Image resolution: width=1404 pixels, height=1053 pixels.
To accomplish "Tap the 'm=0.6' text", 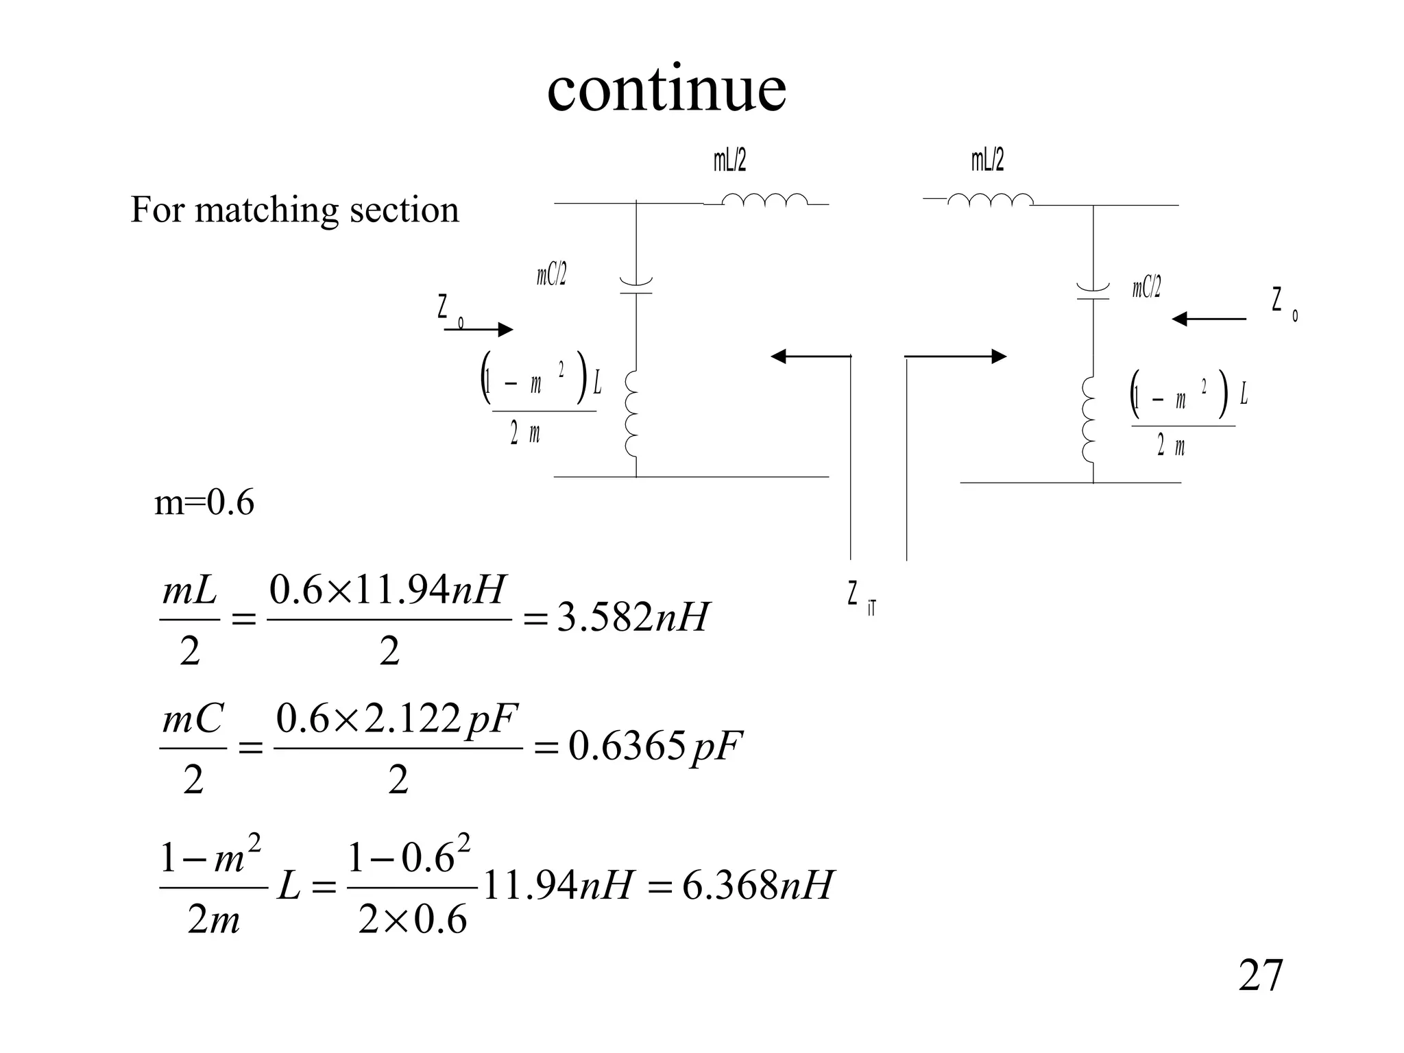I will [x=204, y=503].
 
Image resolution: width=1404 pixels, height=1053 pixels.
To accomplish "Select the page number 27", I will [x=1260, y=976].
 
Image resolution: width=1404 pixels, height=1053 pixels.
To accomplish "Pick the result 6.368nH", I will [x=758, y=885].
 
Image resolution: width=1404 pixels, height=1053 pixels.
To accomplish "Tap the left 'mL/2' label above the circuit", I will [x=729, y=160].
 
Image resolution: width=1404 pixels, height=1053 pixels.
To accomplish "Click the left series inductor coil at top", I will [x=765, y=199].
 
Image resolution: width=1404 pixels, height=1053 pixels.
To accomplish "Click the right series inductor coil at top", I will [x=990, y=199].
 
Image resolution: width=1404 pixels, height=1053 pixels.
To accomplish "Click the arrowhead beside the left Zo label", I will [x=505, y=330].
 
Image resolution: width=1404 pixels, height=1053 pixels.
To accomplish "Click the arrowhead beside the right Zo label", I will [x=1180, y=319].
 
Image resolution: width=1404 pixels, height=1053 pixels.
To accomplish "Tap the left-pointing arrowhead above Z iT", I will [x=779, y=356].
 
